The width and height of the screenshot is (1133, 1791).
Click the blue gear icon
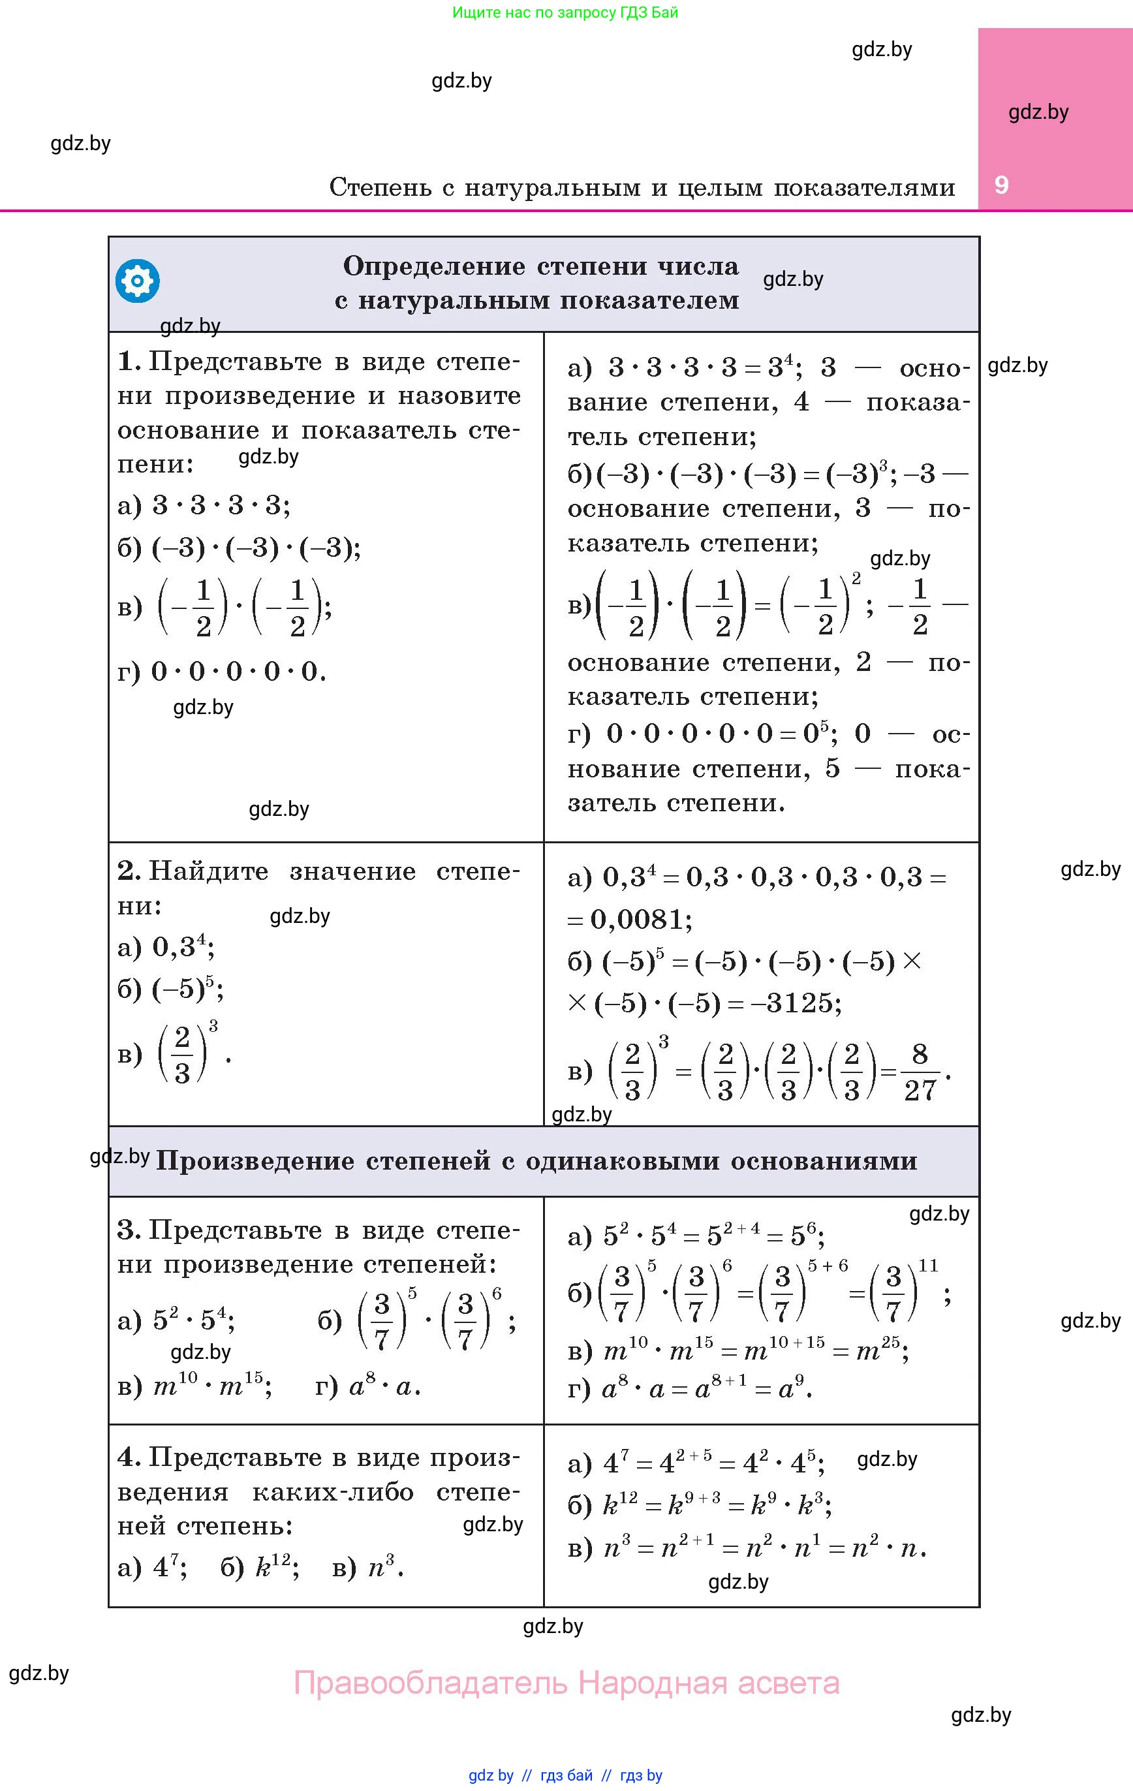(x=138, y=281)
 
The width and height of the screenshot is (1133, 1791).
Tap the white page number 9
(x=1001, y=185)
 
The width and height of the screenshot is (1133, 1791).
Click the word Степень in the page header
(x=380, y=187)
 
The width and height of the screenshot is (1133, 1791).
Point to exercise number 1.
(x=128, y=362)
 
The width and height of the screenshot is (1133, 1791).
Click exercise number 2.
(x=128, y=871)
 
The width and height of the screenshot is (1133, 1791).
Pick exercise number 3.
(x=128, y=1230)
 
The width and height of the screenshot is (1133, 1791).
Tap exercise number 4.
(x=128, y=1457)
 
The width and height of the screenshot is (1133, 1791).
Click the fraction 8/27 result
(x=920, y=1072)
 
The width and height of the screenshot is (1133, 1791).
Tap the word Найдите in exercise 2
(x=208, y=871)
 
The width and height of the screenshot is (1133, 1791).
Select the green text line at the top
(x=565, y=12)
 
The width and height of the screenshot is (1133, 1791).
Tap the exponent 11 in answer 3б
(x=929, y=1265)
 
